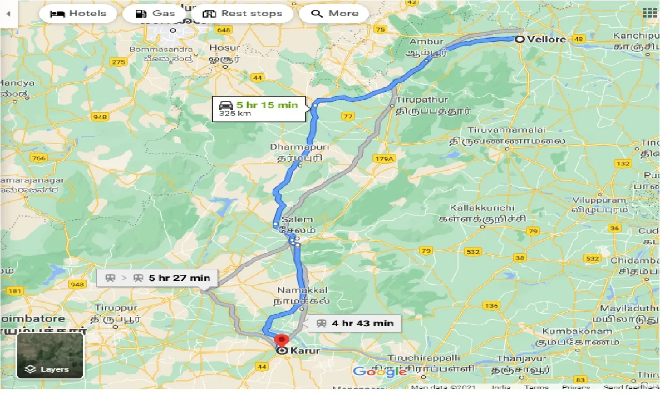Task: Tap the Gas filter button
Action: pyautogui.click(x=155, y=13)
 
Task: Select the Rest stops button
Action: pyautogui.click(x=243, y=13)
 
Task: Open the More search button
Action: pyautogui.click(x=334, y=13)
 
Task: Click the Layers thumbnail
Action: pyautogui.click(x=50, y=356)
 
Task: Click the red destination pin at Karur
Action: pyautogui.click(x=281, y=341)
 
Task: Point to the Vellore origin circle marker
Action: pyautogui.click(x=520, y=39)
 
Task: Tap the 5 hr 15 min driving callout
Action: pyautogui.click(x=259, y=109)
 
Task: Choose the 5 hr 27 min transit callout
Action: pyautogui.click(x=157, y=278)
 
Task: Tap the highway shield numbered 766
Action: pyautogui.click(x=38, y=159)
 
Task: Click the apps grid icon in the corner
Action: pyautogui.click(x=649, y=13)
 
